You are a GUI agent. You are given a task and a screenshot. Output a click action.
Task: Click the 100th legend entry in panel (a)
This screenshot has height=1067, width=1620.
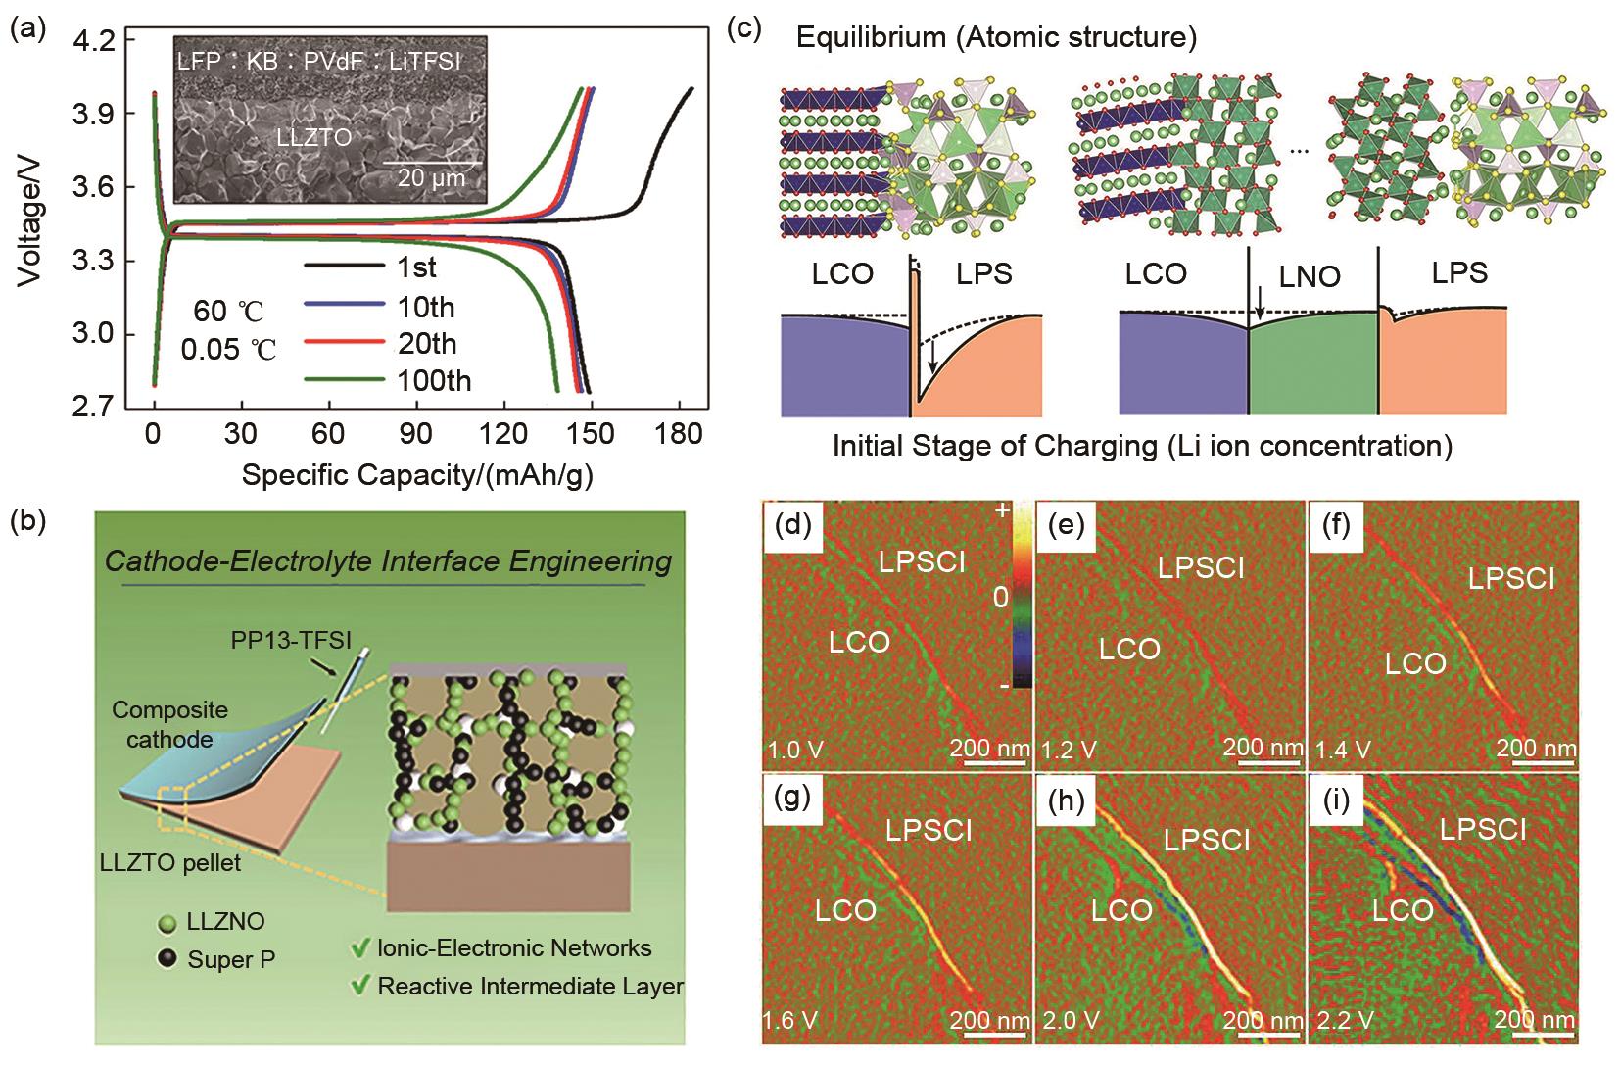(x=433, y=380)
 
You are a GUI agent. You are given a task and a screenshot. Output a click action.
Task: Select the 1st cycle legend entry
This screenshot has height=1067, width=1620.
(x=416, y=267)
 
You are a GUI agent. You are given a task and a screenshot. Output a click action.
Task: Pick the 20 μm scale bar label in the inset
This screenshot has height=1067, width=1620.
(x=431, y=178)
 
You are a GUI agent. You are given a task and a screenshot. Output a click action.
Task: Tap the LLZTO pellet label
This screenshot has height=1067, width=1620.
(x=170, y=865)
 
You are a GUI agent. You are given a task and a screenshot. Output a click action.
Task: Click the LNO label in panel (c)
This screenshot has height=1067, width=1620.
(x=1310, y=277)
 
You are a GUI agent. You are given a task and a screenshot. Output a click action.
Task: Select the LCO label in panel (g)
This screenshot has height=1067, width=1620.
(x=846, y=910)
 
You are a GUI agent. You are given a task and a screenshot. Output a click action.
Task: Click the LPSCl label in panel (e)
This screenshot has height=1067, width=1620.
(x=1201, y=568)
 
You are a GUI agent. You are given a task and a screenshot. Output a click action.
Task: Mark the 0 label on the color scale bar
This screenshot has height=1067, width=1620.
(x=1000, y=595)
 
